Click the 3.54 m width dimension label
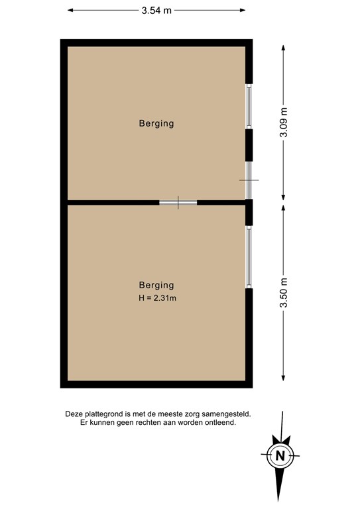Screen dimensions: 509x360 pyautogui.click(x=156, y=11)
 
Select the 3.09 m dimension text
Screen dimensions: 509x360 pyautogui.click(x=284, y=122)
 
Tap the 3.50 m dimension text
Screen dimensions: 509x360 pyautogui.click(x=284, y=293)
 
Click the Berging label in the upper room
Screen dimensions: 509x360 pyautogui.click(x=156, y=123)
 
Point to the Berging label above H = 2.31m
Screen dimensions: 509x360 pyautogui.click(x=156, y=285)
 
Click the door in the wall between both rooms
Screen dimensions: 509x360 pyautogui.click(x=178, y=202)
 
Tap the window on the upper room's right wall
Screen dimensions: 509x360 pyautogui.click(x=249, y=106)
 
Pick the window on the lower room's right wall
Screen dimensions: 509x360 pyautogui.click(x=249, y=256)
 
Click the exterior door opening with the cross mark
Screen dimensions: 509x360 pyautogui.click(x=249, y=180)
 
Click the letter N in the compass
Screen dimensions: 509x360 pyautogui.click(x=280, y=455)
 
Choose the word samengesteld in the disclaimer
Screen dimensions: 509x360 pyautogui.click(x=227, y=414)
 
